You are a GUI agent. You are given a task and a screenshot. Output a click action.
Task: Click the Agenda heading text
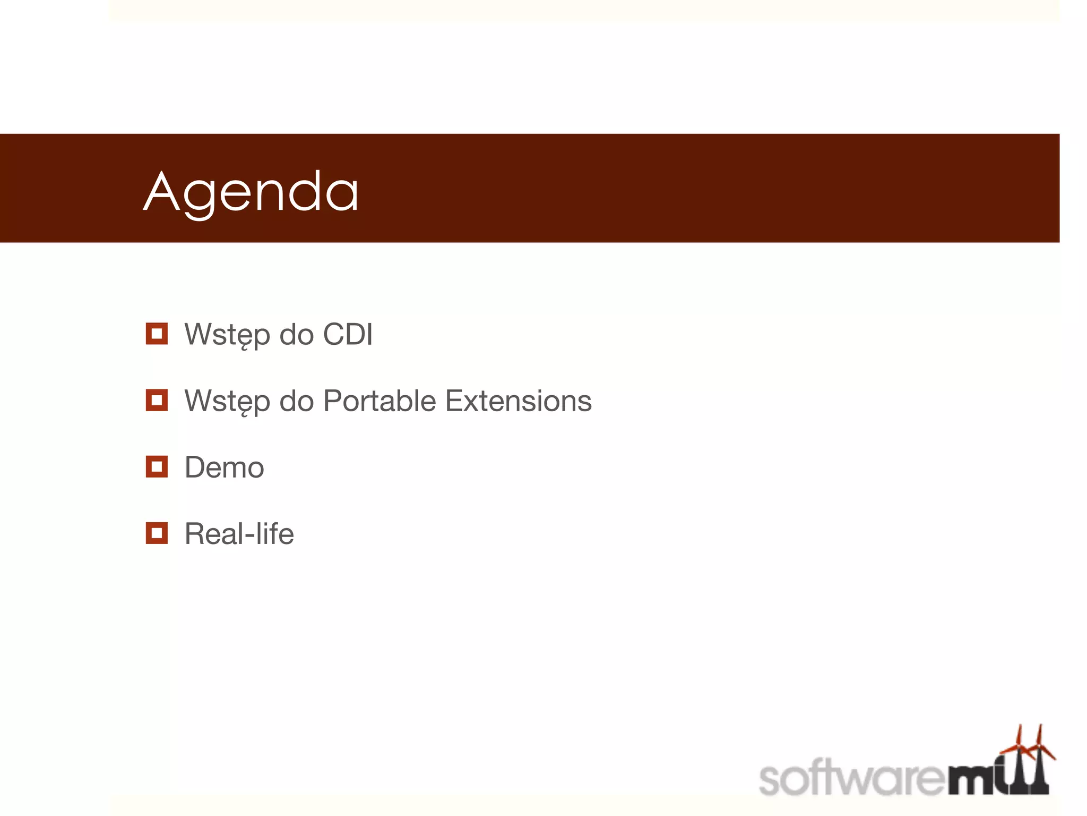pos(251,192)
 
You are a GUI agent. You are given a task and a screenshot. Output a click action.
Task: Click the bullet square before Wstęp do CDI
pos(157,334)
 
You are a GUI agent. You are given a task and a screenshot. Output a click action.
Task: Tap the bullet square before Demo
pos(157,466)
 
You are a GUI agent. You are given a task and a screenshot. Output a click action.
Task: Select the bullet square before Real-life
pos(157,533)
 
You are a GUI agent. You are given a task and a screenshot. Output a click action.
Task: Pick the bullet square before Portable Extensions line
pos(157,400)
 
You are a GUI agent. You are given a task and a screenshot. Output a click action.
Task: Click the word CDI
pos(348,335)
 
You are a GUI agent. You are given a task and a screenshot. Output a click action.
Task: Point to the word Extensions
pos(518,401)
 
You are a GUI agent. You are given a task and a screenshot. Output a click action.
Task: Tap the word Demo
pos(224,467)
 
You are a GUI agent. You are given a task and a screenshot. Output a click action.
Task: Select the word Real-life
pos(239,534)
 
